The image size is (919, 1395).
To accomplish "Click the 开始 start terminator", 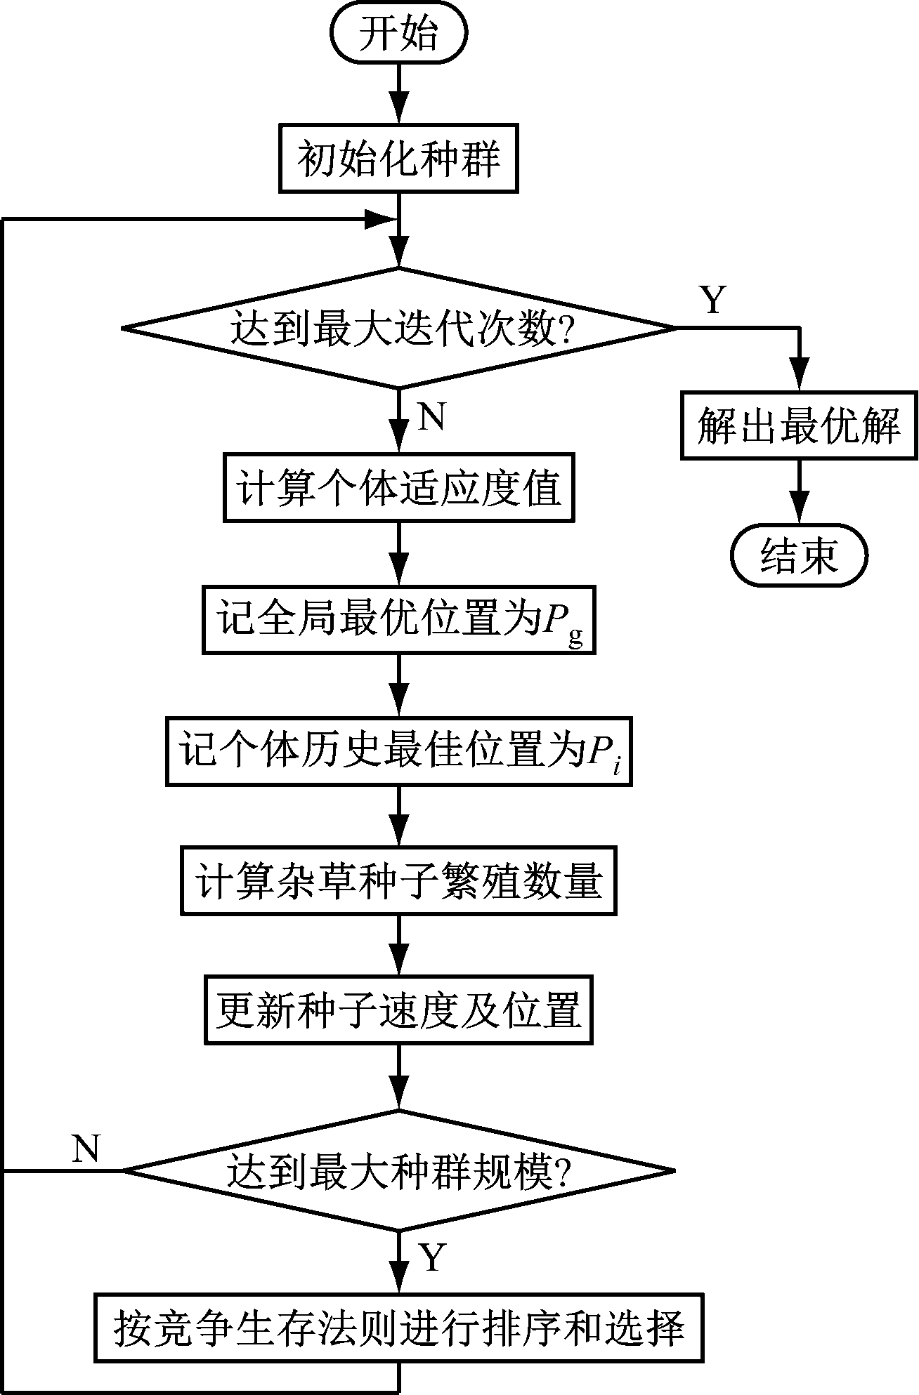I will [x=398, y=34].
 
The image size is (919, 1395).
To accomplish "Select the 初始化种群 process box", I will [x=398, y=159].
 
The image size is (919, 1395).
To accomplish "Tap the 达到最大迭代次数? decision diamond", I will [x=398, y=328].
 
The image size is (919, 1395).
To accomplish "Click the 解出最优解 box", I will [x=799, y=425].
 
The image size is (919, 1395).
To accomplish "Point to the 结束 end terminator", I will [x=800, y=557].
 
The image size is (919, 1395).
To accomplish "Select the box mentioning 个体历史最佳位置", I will [x=398, y=751].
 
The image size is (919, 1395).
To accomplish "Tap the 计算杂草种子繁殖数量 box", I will [x=398, y=882].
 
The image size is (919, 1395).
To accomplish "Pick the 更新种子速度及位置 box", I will [x=398, y=1010].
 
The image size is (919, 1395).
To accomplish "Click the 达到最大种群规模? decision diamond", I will [x=398, y=1170].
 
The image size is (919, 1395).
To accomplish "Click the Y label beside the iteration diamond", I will [x=713, y=300].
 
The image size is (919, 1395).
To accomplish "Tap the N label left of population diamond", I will [x=86, y=1149].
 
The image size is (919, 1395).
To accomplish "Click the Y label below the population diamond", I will [x=431, y=1257].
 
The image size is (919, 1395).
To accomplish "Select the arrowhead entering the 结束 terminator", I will [x=800, y=514].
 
